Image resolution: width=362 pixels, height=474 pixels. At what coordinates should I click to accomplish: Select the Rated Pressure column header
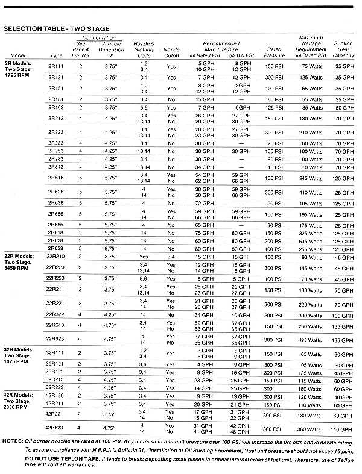(275, 52)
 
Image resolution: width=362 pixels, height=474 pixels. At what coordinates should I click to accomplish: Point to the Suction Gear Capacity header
(343, 49)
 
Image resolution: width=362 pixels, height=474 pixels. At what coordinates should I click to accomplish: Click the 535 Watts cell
(311, 240)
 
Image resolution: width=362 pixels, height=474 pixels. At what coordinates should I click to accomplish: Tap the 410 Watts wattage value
(311, 192)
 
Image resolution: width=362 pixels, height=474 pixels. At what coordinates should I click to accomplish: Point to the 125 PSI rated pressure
(275, 107)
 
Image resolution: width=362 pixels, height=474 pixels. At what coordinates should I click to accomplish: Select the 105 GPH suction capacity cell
(343, 314)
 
